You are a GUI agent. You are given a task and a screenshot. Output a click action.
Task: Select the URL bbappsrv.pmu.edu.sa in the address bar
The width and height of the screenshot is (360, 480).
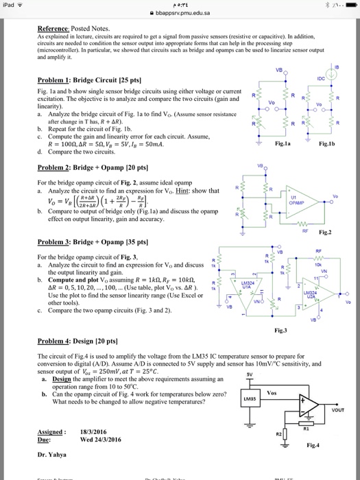[181, 12]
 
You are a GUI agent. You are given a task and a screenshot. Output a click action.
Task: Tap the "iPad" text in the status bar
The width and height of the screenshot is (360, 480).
[10, 3]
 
